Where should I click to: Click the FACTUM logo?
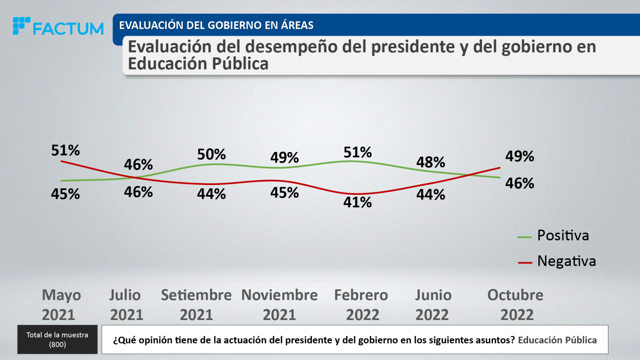click(58, 27)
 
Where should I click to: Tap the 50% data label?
click(211, 155)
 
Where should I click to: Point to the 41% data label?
click(357, 202)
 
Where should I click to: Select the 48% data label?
click(430, 162)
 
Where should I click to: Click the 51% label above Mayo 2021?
click(65, 150)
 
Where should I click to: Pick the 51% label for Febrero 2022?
click(357, 152)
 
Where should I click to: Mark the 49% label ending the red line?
click(520, 156)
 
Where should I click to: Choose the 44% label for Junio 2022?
click(430, 195)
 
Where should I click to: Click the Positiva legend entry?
click(562, 235)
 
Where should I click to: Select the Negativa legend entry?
click(566, 261)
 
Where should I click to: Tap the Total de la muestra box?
click(57, 340)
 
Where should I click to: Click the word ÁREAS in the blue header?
click(297, 25)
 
